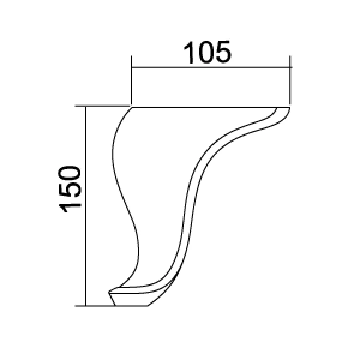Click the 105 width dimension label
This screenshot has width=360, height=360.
(x=207, y=52)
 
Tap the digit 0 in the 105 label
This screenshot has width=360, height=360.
(x=207, y=52)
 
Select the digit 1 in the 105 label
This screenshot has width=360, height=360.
(x=188, y=52)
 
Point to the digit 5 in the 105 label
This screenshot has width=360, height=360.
(x=224, y=52)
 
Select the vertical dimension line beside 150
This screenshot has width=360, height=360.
(x=86, y=206)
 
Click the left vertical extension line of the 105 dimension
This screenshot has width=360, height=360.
(x=131, y=80)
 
